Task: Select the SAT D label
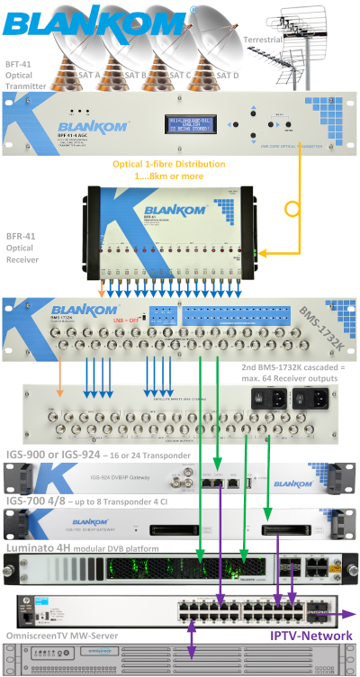click(227, 76)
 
